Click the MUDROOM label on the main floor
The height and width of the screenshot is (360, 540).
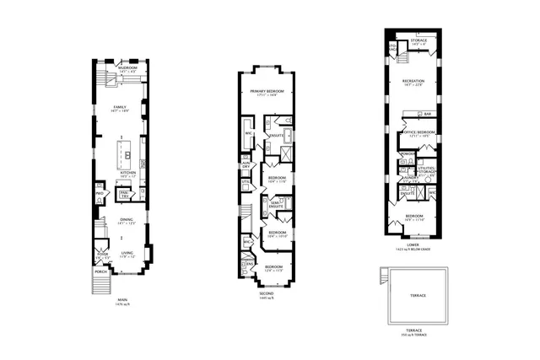pyautogui.click(x=127, y=67)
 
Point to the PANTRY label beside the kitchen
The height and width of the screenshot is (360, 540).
pyautogui.click(x=123, y=193)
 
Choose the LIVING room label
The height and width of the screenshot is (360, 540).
pyautogui.click(x=127, y=252)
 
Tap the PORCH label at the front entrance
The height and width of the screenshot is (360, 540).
pyautogui.click(x=101, y=271)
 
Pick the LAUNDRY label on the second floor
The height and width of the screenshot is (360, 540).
pyautogui.click(x=246, y=165)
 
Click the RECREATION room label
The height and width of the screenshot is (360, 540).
pyautogui.click(x=413, y=82)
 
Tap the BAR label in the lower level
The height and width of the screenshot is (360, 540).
pyautogui.click(x=428, y=114)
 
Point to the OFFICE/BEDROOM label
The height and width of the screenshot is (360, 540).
pyautogui.click(x=418, y=132)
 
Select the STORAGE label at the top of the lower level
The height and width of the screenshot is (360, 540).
pyautogui.click(x=417, y=40)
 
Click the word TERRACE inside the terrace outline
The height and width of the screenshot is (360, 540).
pyautogui.click(x=418, y=296)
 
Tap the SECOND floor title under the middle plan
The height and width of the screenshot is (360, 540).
pyautogui.click(x=267, y=294)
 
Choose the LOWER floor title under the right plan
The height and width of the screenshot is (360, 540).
pyautogui.click(x=413, y=245)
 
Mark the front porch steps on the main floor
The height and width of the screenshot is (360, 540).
pyautogui.click(x=102, y=284)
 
